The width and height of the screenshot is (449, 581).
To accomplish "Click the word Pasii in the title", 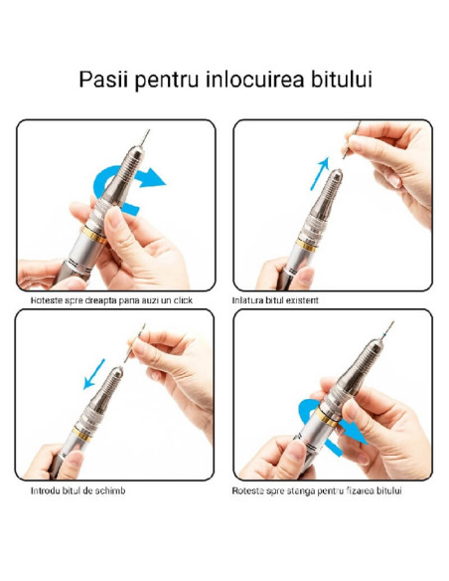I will (102, 80).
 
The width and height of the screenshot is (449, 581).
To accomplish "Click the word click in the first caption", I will (179, 299).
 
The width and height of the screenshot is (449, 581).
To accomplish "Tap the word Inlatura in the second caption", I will (248, 299).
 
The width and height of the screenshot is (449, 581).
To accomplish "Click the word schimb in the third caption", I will (109, 490).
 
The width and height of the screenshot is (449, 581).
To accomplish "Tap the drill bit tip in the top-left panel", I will (150, 131).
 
